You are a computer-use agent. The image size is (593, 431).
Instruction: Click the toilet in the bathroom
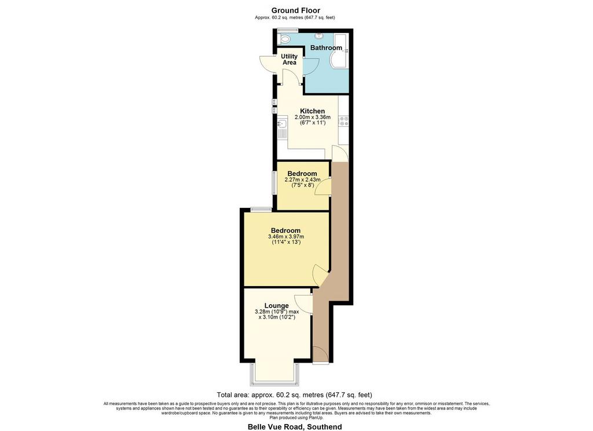pos(284,39)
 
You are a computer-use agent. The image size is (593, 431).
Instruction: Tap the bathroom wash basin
pos(320,35)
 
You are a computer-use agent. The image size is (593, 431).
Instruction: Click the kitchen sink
pos(282,128)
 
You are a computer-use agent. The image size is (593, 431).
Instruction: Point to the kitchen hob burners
pos(344,120)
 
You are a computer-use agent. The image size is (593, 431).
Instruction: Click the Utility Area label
pos(290,60)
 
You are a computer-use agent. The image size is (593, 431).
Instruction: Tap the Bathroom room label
pos(326,48)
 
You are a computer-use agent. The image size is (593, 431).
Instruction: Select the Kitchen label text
pos(312,111)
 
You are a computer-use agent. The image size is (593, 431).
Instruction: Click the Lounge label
pos(276,305)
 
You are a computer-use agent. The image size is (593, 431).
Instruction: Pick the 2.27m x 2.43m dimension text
pos(302,180)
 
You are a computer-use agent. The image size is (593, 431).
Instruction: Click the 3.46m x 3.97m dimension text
pos(286,236)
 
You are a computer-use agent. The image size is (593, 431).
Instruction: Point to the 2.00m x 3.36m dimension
pos(312,117)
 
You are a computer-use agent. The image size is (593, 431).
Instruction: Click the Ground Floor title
pos(296,10)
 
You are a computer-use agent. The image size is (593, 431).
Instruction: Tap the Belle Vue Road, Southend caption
pos(295,426)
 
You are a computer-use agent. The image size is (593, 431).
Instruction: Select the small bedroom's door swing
pos(323,187)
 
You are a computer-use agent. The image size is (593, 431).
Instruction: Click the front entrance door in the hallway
pos(321,355)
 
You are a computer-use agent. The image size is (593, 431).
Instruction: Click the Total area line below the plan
pos(295,395)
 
